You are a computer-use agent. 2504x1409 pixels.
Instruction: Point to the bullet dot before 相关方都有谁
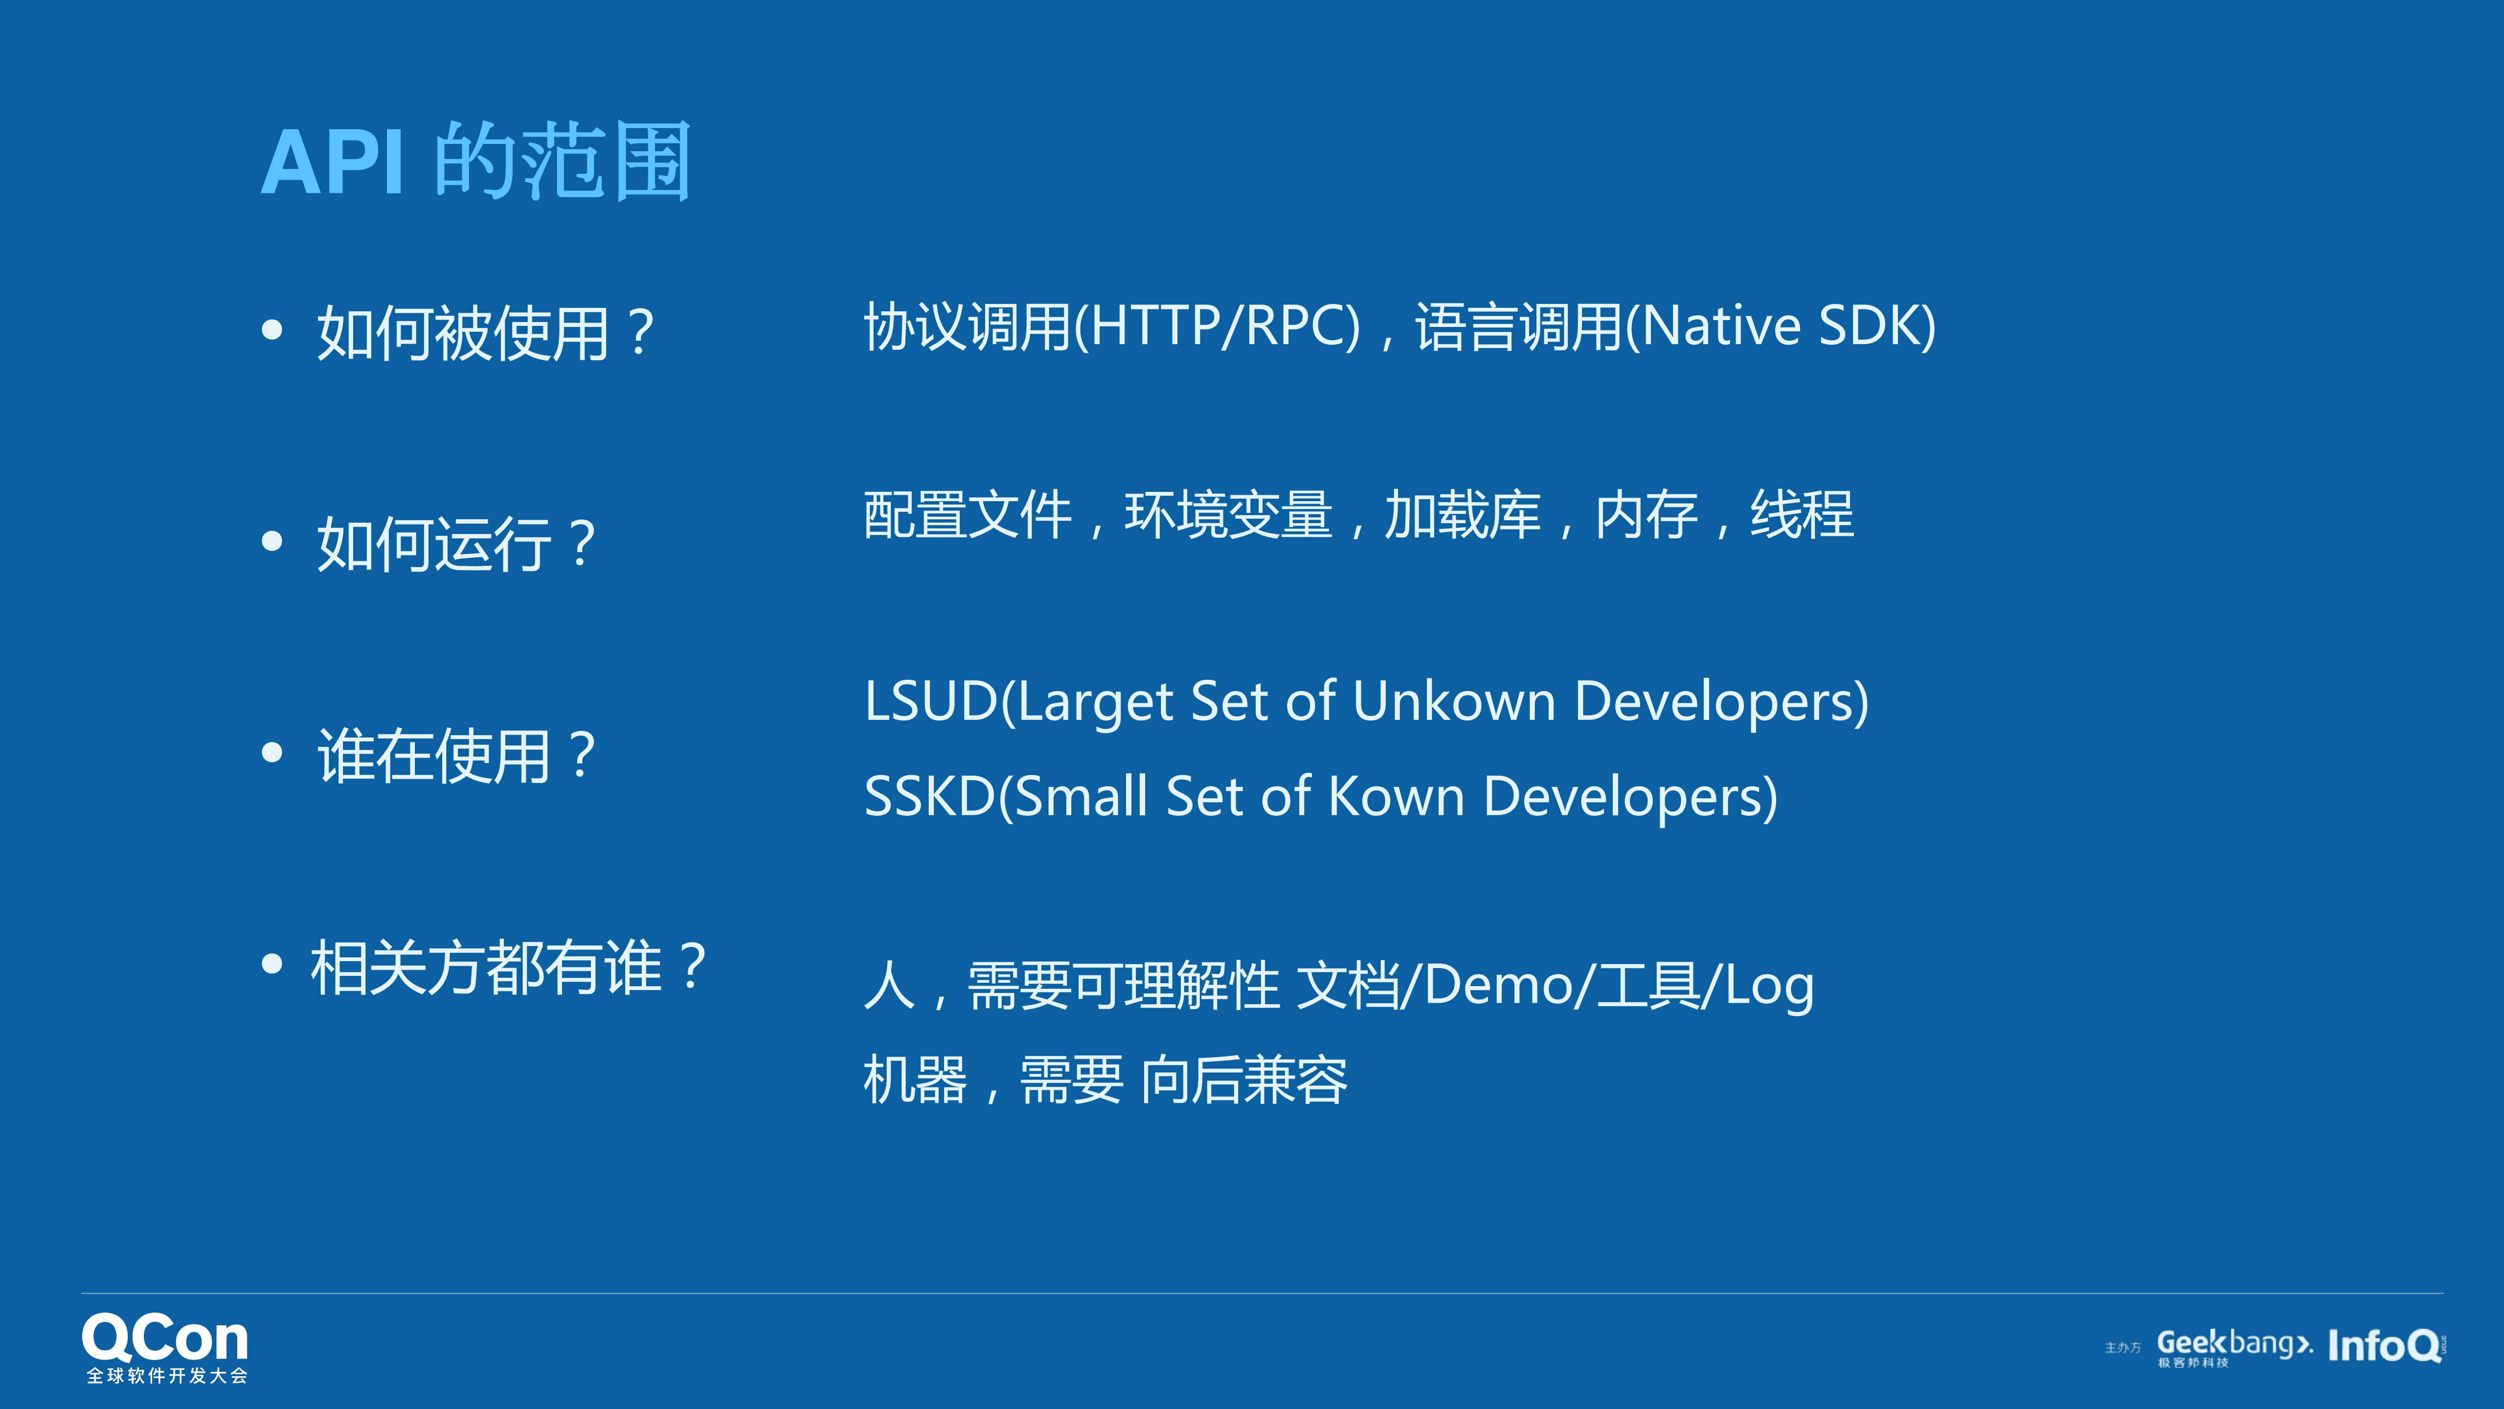pyautogui.click(x=272, y=964)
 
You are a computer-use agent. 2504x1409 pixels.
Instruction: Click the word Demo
pyautogui.click(x=1507, y=985)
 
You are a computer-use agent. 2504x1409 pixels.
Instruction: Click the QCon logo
pyautogui.click(x=165, y=1347)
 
